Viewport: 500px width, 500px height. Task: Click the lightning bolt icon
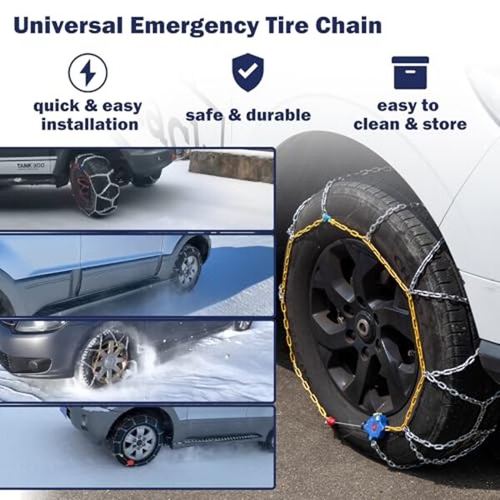(87, 73)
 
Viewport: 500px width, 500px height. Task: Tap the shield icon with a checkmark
(247, 72)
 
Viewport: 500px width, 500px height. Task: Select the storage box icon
(409, 72)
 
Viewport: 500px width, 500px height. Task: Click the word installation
(89, 124)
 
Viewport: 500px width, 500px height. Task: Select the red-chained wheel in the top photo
(93, 184)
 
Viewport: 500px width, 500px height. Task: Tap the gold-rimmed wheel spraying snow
(106, 357)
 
